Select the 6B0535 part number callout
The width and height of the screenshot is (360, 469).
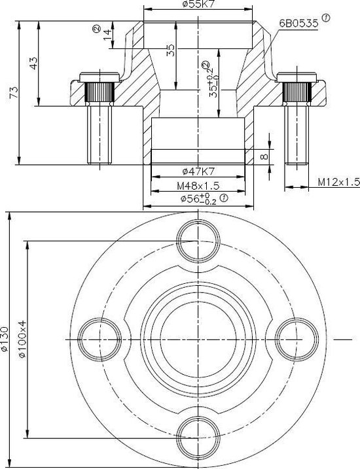tap(298, 23)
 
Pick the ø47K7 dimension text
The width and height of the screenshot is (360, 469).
tap(198, 172)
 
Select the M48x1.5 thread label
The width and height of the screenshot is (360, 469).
tap(198, 186)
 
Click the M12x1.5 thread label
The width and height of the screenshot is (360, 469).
tap(338, 181)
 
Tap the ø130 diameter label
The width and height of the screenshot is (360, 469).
tap(5, 340)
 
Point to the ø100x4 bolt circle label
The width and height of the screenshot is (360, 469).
tap(22, 340)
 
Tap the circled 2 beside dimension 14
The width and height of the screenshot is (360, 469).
tap(96, 29)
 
